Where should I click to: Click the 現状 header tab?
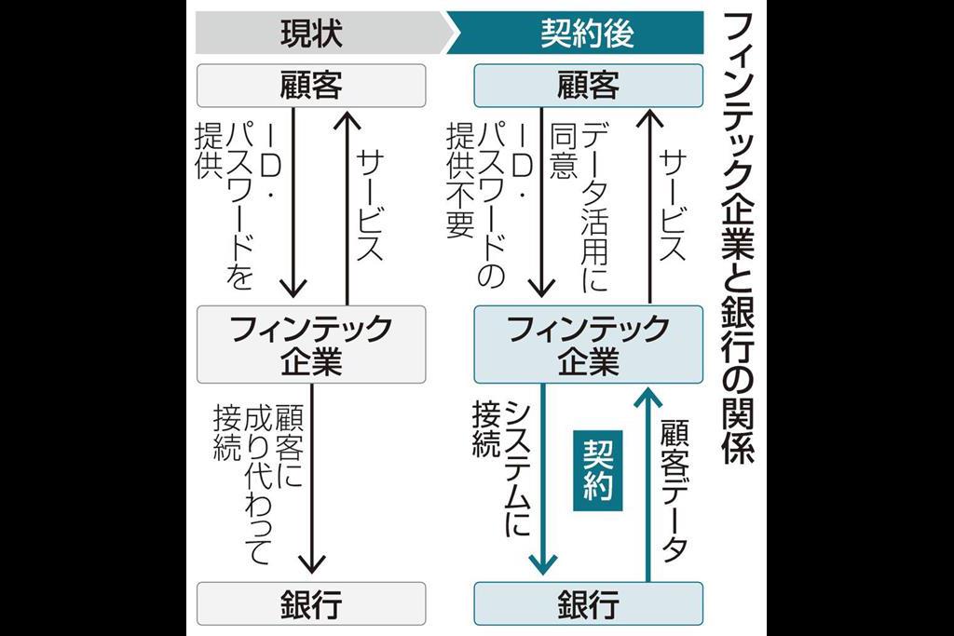tap(311, 34)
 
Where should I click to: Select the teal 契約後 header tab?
tap(588, 34)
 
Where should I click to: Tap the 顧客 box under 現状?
tap(311, 86)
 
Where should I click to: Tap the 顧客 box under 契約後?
tap(588, 86)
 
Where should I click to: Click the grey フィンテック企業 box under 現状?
tap(311, 345)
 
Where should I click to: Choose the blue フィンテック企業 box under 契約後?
tap(588, 345)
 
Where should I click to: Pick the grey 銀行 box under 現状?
tap(311, 604)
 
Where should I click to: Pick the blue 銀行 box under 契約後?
tap(588, 604)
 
